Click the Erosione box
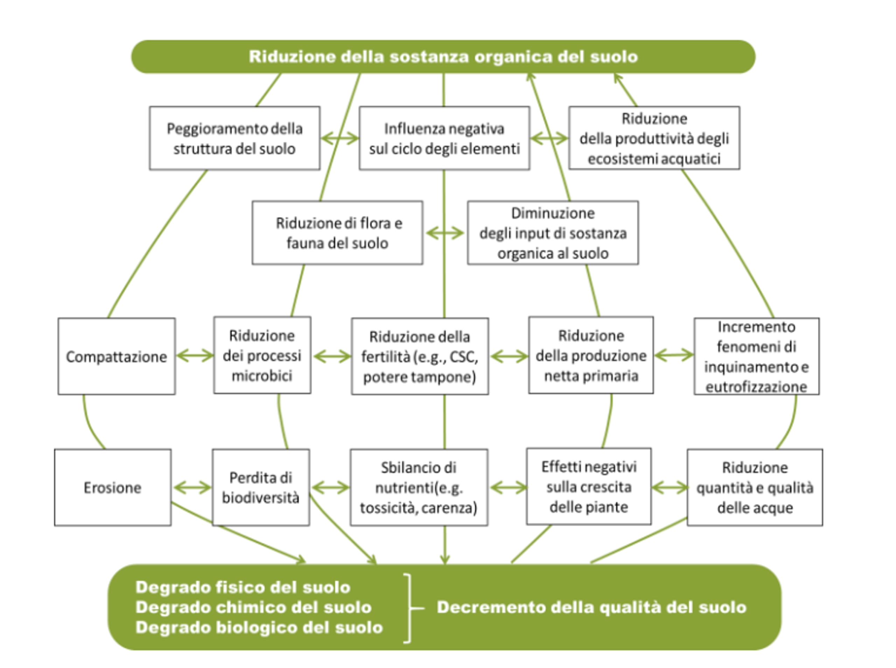[112, 487]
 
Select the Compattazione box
[117, 356]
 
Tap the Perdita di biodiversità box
[261, 487]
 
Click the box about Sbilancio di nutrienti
[419, 487]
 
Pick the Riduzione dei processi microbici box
[262, 356]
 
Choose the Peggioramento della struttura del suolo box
[234, 138]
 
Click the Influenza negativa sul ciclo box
[444, 138]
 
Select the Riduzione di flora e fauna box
[337, 233]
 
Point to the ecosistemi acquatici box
[654, 138]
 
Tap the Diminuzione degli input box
[553, 233]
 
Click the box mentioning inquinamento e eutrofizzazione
[756, 356]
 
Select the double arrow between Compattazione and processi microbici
[195, 356]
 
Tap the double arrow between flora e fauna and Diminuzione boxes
[445, 233]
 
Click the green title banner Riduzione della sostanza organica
[443, 57]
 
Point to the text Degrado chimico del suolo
[253, 607]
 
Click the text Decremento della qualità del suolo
[591, 607]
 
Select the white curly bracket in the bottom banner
[411, 607]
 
